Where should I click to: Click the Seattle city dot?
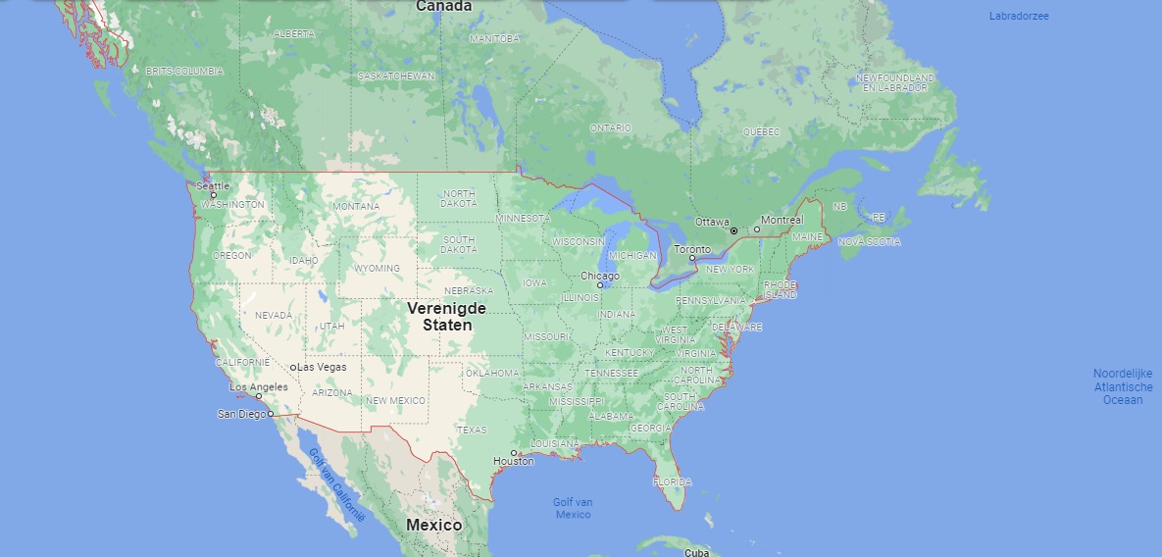tap(213, 194)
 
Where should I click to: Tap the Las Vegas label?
tap(322, 367)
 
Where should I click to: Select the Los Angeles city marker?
tap(259, 396)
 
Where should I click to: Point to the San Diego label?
tap(241, 414)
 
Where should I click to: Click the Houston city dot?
tap(513, 452)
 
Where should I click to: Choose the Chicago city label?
tap(599, 276)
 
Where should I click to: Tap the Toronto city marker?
tap(691, 258)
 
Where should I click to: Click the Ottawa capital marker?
tap(733, 230)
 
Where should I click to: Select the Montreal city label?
tap(782, 220)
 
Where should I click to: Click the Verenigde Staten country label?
tap(447, 316)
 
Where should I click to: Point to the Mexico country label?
tap(433, 525)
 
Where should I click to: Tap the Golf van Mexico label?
tap(573, 508)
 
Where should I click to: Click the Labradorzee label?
tap(1019, 16)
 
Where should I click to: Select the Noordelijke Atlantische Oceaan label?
tap(1123, 386)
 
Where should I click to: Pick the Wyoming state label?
tap(378, 268)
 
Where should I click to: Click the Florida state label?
tap(673, 481)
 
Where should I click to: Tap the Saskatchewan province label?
tap(395, 76)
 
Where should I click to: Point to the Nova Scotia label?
tap(868, 241)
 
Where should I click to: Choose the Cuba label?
tap(696, 552)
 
